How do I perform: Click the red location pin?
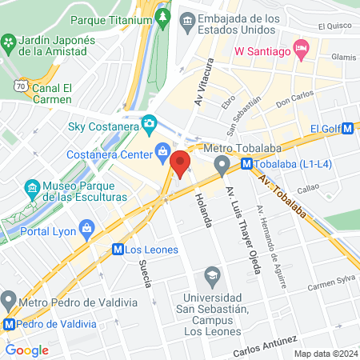tap(181, 164)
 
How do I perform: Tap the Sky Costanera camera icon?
tap(149, 124)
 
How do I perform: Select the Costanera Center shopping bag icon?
tap(162, 150)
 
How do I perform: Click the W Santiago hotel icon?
tap(301, 49)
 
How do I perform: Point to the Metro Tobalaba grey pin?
tap(222, 166)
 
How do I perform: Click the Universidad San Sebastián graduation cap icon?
tap(212, 276)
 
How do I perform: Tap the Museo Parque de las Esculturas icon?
tap(33, 189)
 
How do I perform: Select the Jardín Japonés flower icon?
tap(9, 42)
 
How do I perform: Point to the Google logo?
tap(27, 350)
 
